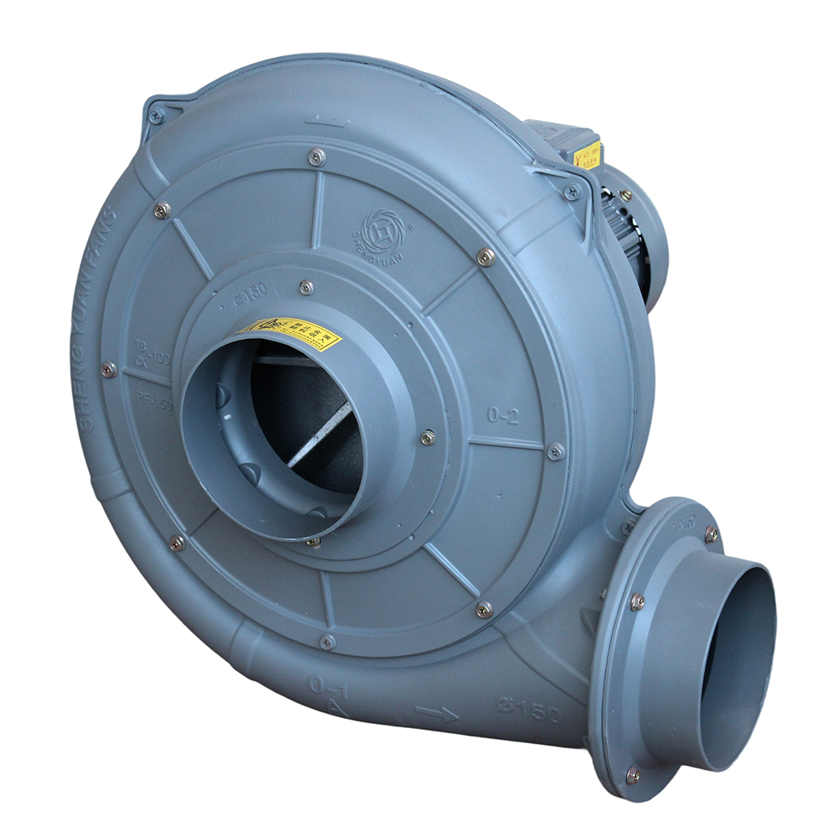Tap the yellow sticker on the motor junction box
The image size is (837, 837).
pyautogui.click(x=588, y=156)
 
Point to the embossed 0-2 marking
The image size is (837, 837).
pyautogui.click(x=503, y=415)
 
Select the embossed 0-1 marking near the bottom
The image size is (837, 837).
pyautogui.click(x=329, y=684)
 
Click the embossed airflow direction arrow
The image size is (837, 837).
pyautogui.click(x=436, y=712)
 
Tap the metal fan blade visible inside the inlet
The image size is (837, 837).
pyautogui.click(x=318, y=435)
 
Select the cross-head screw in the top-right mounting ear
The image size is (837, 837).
pyautogui.click(x=573, y=193)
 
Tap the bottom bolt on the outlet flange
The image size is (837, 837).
pyautogui.click(x=634, y=774)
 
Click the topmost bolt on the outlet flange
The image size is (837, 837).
pyautogui.click(x=711, y=533)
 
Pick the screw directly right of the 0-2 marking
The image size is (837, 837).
pyautogui.click(x=555, y=452)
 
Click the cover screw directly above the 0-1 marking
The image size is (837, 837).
pyautogui.click(x=327, y=642)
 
